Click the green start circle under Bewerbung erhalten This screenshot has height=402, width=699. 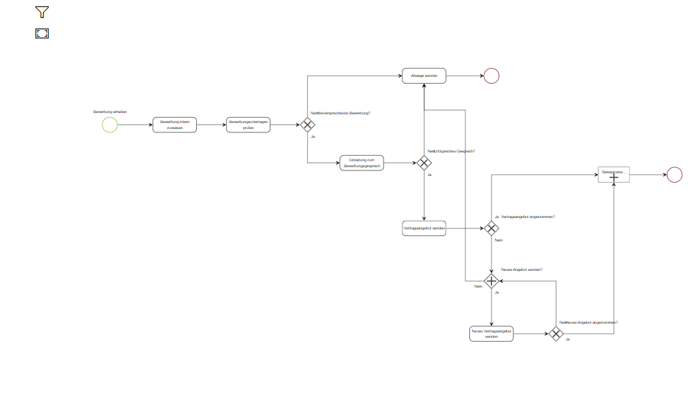(110, 125)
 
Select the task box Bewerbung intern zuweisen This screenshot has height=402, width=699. (175, 125)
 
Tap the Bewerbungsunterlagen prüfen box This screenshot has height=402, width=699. (248, 125)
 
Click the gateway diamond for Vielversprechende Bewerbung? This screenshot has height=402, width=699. (307, 125)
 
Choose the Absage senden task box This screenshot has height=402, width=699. (424, 76)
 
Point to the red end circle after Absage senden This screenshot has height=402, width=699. (491, 76)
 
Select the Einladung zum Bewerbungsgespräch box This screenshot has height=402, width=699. (362, 163)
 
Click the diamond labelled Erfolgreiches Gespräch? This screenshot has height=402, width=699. (424, 163)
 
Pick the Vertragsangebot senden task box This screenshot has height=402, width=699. (424, 228)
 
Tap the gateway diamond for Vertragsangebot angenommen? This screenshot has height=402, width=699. (491, 228)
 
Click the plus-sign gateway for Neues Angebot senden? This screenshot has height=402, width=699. (491, 281)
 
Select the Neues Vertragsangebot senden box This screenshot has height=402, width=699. (491, 333)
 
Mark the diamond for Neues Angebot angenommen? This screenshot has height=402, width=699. (556, 333)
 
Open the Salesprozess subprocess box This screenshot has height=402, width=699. (614, 175)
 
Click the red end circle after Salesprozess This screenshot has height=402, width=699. (674, 175)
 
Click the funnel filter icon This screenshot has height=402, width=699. (42, 12)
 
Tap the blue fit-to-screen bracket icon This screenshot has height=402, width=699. (42, 33)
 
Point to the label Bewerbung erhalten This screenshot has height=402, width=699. (110, 111)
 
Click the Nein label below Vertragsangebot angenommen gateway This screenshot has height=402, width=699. (499, 240)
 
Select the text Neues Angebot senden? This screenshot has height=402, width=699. (522, 270)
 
